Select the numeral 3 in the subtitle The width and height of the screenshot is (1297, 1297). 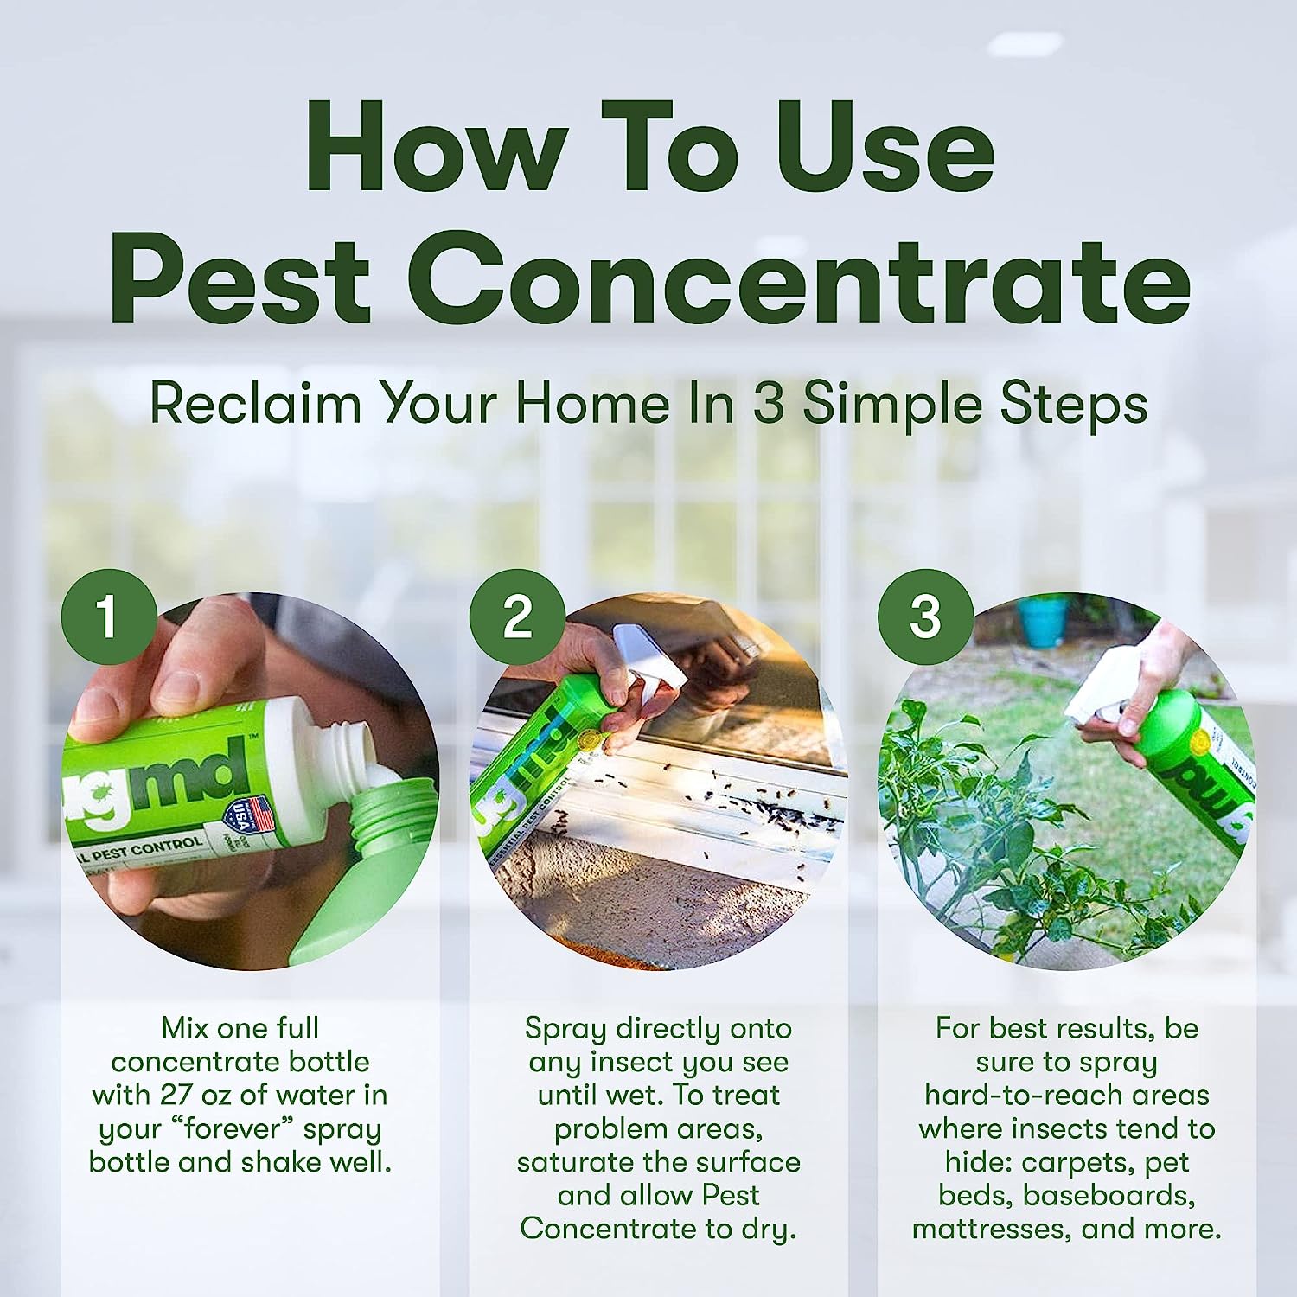(x=768, y=403)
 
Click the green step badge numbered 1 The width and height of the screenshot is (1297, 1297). (x=108, y=617)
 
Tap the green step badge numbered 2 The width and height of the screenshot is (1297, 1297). (x=517, y=617)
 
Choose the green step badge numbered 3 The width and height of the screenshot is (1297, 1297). (x=925, y=617)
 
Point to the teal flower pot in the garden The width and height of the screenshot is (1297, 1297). (x=1043, y=620)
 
